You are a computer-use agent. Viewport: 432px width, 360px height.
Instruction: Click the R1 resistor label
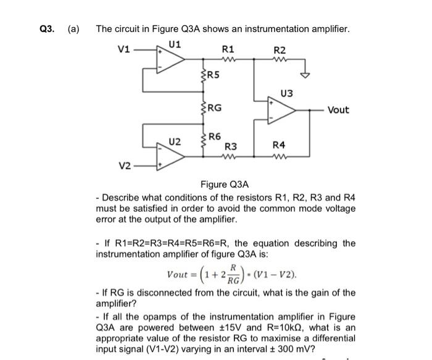tap(228, 48)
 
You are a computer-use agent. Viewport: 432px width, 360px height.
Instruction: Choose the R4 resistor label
tap(280, 146)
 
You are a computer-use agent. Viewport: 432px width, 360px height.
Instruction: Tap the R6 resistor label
tap(214, 136)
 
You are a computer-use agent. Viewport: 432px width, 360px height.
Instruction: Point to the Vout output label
tap(338, 110)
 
